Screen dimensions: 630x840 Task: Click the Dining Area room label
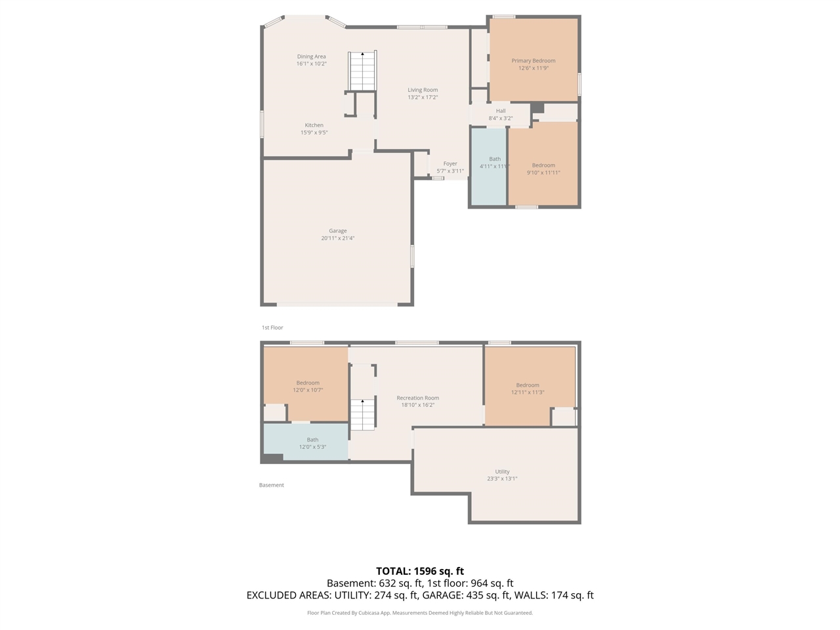[x=311, y=57]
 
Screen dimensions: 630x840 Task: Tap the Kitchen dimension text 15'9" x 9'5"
[x=314, y=133]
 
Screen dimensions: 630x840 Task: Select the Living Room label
[x=423, y=90]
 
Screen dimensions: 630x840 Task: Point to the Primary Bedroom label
[x=534, y=61]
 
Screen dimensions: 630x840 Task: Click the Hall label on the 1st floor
[x=501, y=111]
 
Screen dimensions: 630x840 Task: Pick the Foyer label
[x=450, y=164]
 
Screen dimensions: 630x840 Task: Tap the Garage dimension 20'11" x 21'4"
[x=338, y=238]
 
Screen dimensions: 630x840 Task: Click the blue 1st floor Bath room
[x=489, y=184]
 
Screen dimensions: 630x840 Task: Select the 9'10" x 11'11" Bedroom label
[x=543, y=166]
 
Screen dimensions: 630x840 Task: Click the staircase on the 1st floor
[x=362, y=71]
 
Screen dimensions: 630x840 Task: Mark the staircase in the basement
[x=362, y=414]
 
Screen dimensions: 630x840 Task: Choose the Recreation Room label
[x=418, y=398]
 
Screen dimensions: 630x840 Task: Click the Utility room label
[x=502, y=472]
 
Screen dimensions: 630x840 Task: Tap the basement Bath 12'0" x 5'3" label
[x=312, y=440]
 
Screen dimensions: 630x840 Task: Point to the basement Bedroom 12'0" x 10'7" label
[x=308, y=383]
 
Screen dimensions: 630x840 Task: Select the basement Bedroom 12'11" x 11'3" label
[x=528, y=385]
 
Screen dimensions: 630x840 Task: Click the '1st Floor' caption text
[x=272, y=327]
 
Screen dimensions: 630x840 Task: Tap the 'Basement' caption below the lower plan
[x=272, y=485]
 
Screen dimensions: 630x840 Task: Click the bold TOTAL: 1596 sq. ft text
[x=420, y=571]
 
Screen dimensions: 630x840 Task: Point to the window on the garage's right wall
[x=412, y=256]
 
